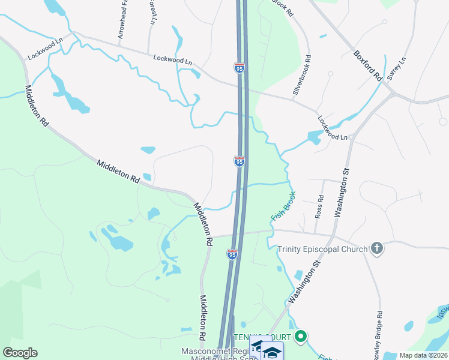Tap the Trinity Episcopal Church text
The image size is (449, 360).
(322, 249)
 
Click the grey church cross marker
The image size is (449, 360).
(377, 248)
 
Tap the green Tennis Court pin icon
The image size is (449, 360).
(302, 337)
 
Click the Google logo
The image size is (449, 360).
(20, 353)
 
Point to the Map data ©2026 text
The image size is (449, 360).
(424, 355)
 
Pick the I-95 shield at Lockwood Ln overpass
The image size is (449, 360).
(240, 68)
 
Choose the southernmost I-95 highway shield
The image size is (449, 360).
(232, 254)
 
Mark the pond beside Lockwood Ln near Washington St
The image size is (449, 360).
(314, 138)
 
